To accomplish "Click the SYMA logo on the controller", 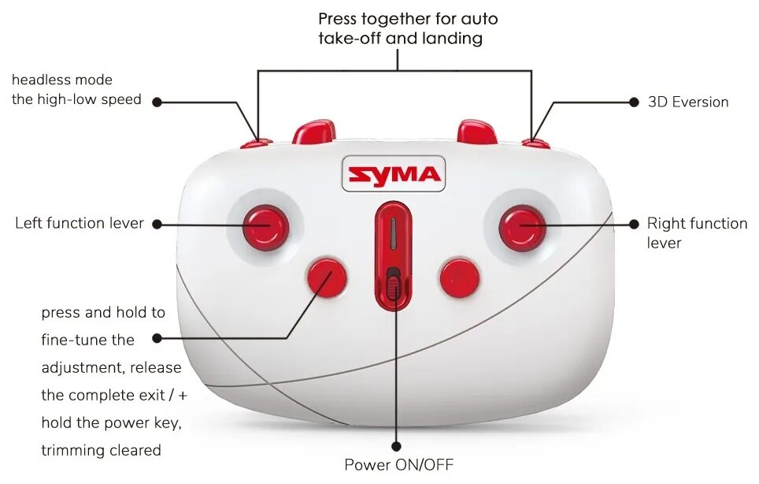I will (x=393, y=173).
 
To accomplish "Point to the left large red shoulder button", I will (x=314, y=132).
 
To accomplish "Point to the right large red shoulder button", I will (x=477, y=132).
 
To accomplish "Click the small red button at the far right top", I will (x=535, y=143).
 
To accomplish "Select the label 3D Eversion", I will (x=687, y=102).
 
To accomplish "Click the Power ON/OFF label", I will (x=398, y=464).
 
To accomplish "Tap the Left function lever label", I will (x=80, y=223).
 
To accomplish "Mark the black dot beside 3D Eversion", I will (x=634, y=102).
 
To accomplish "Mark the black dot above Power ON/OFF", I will (x=396, y=447).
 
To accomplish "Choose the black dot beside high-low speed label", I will (x=157, y=102).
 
